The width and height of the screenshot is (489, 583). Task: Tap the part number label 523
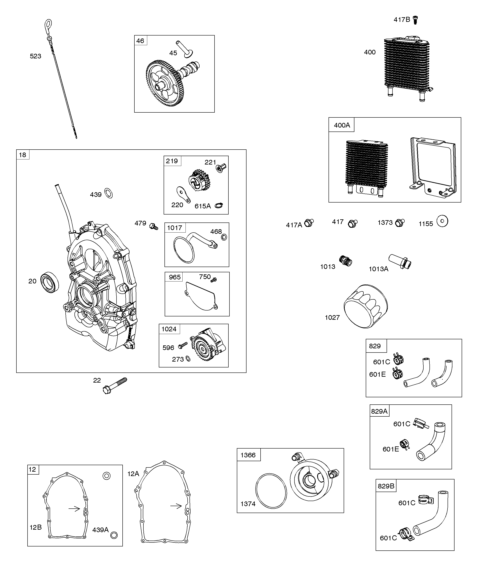coord(36,56)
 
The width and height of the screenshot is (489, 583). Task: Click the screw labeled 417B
coord(416,20)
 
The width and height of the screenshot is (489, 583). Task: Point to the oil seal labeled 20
coord(50,282)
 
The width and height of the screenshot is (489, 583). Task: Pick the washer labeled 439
coord(108,193)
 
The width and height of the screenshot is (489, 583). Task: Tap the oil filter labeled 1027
coord(366,306)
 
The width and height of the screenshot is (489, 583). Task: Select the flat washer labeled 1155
coord(442,221)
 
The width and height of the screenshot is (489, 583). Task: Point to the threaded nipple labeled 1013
coord(346,261)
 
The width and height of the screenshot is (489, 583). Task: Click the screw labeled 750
coord(213,280)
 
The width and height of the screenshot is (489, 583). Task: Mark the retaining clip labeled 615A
coord(219,206)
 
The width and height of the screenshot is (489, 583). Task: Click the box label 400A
coord(342,125)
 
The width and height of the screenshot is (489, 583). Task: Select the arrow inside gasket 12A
coord(176,506)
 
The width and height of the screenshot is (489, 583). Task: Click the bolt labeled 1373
coord(400,223)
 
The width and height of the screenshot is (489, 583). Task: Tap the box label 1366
coord(248,455)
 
